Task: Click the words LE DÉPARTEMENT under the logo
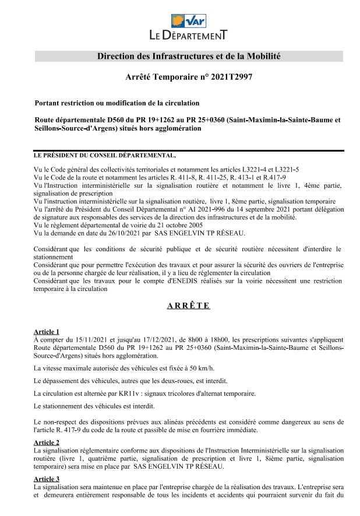pos(188,36)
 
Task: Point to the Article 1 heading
pos(47,331)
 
